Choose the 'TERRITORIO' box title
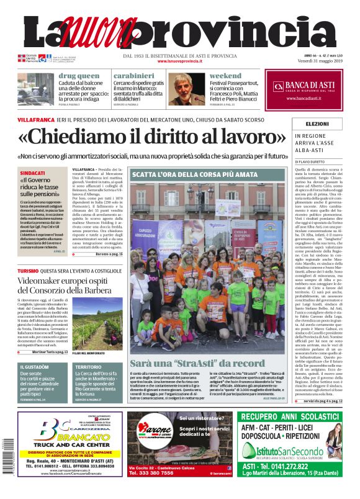click(89, 366)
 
